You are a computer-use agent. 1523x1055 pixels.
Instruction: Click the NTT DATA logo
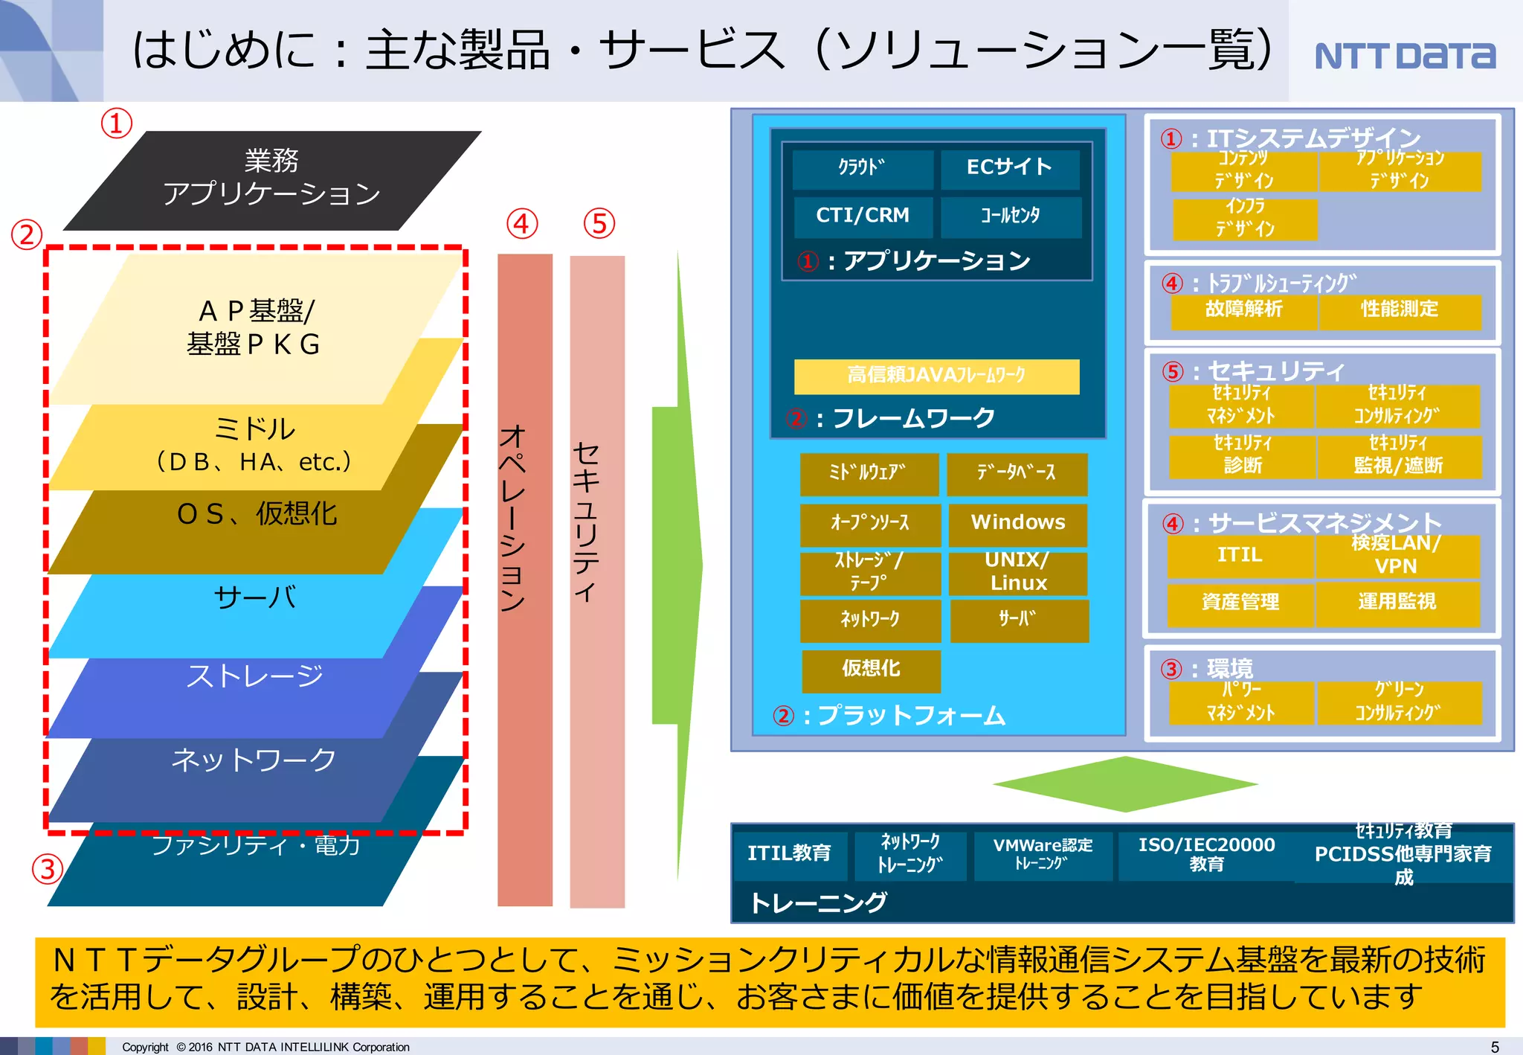click(1404, 56)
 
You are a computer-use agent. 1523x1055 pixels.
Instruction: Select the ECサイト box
click(1009, 168)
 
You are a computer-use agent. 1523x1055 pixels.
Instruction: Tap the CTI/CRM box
click(863, 216)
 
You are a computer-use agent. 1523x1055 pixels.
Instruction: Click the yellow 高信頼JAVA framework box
click(936, 376)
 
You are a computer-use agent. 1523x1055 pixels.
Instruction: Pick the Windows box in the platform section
click(1017, 523)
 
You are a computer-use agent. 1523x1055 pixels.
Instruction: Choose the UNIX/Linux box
click(1017, 572)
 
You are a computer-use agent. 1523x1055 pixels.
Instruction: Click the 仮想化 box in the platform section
click(871, 670)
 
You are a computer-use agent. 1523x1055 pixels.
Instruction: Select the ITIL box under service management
click(1239, 556)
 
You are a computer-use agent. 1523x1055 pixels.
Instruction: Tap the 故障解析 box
click(1243, 310)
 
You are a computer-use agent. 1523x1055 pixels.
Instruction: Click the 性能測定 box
click(1399, 310)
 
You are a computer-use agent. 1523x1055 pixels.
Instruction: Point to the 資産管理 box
click(1240, 603)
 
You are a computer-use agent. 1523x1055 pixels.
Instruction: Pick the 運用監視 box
click(1397, 603)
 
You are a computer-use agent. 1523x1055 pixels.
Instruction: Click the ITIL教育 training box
click(789, 853)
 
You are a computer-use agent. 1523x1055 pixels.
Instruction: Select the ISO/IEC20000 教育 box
click(1205, 854)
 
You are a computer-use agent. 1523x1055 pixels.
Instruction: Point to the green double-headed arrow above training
click(1124, 783)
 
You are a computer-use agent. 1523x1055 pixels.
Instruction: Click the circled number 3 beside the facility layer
click(48, 868)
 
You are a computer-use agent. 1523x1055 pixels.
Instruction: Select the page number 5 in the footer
click(1495, 1047)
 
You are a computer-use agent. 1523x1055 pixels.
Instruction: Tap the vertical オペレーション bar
click(524, 580)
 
